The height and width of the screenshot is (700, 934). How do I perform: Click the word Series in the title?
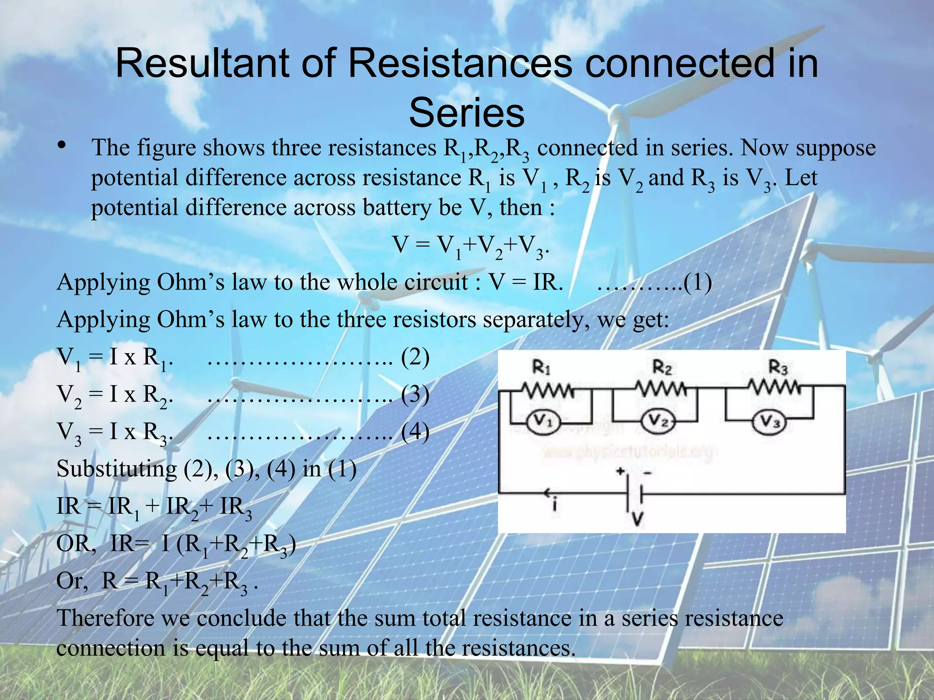(x=467, y=113)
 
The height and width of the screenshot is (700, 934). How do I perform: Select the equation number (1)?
(x=697, y=283)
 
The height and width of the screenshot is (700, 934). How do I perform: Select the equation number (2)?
(x=415, y=357)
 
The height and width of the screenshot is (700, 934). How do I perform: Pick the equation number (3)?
(x=415, y=395)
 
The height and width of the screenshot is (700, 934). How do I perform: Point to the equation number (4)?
(x=415, y=432)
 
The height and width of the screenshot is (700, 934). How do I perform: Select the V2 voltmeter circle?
(x=658, y=422)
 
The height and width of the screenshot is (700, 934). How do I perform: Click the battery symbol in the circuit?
(x=634, y=494)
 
